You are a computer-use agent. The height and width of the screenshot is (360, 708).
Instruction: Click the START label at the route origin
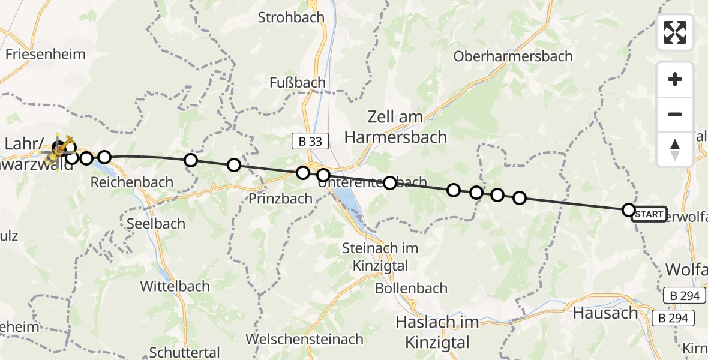[x=649, y=214]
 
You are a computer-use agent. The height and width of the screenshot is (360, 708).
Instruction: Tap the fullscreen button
[x=675, y=32]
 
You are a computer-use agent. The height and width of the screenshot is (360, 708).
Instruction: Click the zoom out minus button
[x=675, y=114]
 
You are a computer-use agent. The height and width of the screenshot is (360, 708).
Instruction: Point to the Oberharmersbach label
[x=513, y=56]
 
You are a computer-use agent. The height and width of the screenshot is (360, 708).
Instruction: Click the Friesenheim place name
[x=46, y=54]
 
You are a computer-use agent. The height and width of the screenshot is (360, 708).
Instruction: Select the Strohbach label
[x=291, y=17]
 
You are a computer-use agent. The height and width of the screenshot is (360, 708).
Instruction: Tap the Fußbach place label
[x=298, y=82]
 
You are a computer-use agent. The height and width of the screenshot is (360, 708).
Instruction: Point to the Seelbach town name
[x=156, y=223]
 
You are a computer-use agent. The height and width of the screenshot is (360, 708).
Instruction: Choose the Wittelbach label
[x=175, y=286]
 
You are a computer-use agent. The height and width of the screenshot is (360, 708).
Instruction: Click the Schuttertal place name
[x=185, y=352]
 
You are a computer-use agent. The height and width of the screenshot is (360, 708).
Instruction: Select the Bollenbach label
[x=411, y=288]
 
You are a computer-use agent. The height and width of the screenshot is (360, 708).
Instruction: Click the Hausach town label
[x=605, y=313]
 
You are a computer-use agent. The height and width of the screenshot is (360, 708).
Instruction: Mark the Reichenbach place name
[x=131, y=182]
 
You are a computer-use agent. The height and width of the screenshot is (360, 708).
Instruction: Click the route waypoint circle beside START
[x=628, y=209]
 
